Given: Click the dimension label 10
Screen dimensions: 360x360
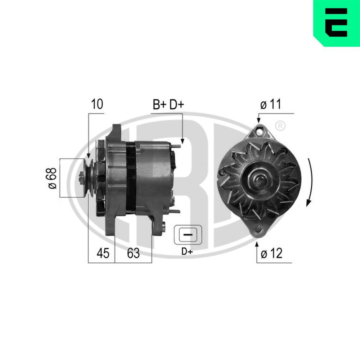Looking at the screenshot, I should click(x=97, y=104).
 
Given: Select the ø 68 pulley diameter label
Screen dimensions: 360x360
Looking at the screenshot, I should click(x=53, y=178).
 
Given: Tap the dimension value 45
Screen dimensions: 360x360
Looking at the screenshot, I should click(x=102, y=253).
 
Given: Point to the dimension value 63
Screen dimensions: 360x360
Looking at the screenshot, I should click(x=133, y=253).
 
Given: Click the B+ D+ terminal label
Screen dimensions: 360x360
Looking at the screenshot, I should click(x=168, y=104).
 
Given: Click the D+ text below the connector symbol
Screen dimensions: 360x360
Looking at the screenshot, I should click(x=187, y=252).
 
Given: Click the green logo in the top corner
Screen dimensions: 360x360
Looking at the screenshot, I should click(x=336, y=23).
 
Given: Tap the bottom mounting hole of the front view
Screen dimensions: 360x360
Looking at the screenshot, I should click(x=258, y=228).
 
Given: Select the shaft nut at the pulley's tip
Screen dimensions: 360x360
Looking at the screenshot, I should click(x=82, y=178).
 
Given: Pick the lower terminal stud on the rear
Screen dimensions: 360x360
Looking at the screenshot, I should click(x=175, y=212).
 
